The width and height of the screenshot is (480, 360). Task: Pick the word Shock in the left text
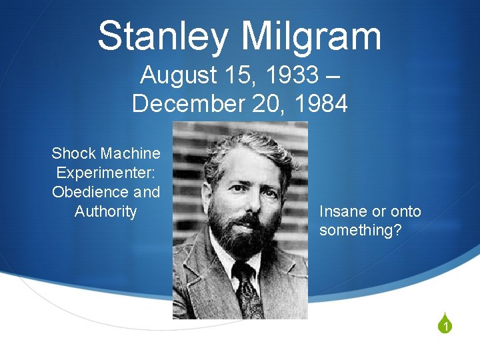[x=73, y=153]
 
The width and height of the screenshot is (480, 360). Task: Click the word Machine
[x=129, y=153]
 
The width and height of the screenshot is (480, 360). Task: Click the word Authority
[x=105, y=212]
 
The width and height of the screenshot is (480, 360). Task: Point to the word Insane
[x=343, y=212]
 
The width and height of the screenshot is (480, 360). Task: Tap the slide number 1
[x=444, y=327]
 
